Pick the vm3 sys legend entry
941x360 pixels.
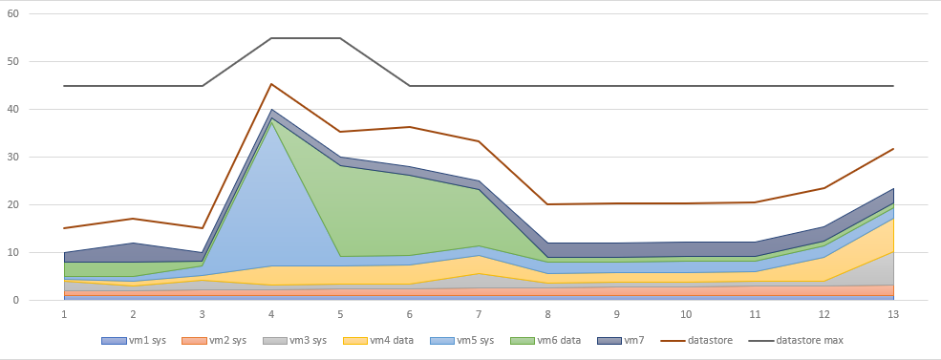coord(302,340)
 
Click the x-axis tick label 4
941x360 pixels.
coord(271,313)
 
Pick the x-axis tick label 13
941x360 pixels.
coord(892,313)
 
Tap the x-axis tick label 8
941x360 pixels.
coord(547,313)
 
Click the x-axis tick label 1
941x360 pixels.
coord(64,313)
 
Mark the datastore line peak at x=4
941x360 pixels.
coord(271,84)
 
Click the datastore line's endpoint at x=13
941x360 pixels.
coord(892,149)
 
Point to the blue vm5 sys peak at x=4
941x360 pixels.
coord(271,120)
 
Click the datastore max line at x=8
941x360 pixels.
coord(547,86)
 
